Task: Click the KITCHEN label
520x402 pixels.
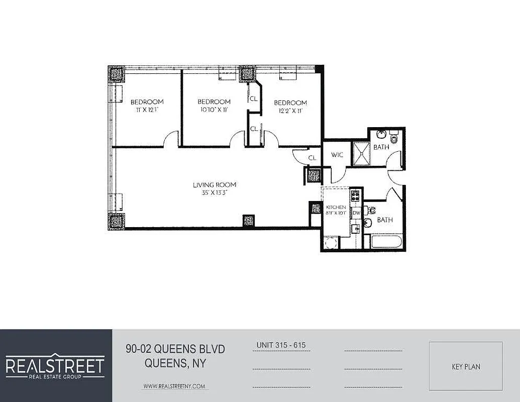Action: pyautogui.click(x=336, y=207)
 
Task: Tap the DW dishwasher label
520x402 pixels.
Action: pyautogui.click(x=356, y=213)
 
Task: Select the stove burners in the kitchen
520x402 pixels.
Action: pyautogui.click(x=356, y=194)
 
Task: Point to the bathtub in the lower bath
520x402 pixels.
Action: pyautogui.click(x=385, y=242)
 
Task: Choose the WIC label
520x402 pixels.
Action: pyautogui.click(x=337, y=155)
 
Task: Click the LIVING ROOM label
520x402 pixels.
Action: pyautogui.click(x=215, y=185)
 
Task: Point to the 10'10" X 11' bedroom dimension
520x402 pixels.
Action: pyautogui.click(x=214, y=110)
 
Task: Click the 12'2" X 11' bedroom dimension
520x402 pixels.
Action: pyautogui.click(x=290, y=111)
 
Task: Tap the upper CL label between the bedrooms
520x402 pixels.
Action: pyautogui.click(x=254, y=99)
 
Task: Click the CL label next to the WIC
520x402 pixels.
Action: pyautogui.click(x=313, y=158)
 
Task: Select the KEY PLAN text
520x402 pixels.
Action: pyautogui.click(x=466, y=367)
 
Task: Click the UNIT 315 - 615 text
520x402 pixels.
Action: pyautogui.click(x=281, y=345)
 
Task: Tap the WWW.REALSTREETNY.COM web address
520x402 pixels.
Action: pyautogui.click(x=174, y=386)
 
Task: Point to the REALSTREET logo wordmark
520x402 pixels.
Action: pyautogui.click(x=55, y=365)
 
